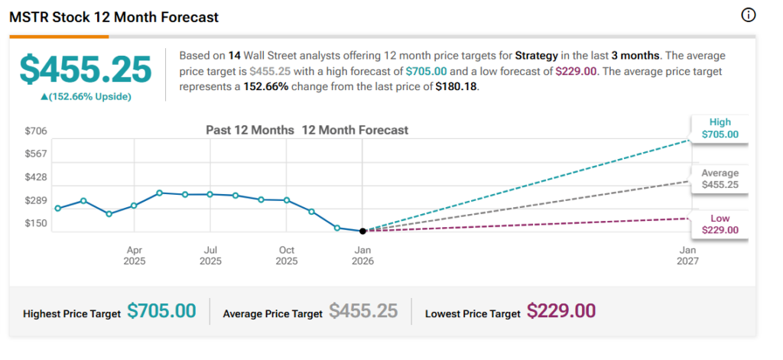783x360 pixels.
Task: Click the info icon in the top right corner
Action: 749,16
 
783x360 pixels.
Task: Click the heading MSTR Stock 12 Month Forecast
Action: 113,17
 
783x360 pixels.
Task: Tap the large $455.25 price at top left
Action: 86,70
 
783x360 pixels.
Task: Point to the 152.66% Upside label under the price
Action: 86,96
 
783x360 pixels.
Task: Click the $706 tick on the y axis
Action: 36,131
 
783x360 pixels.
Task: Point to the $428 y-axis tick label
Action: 36,177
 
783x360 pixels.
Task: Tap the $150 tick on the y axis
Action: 36,223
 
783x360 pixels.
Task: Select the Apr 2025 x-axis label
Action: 135,255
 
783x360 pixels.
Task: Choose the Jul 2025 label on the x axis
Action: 210,255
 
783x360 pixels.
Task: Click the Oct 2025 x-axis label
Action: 287,255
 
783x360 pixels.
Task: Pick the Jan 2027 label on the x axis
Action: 688,255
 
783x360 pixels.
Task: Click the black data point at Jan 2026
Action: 362,230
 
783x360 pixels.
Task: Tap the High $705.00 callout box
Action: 720,128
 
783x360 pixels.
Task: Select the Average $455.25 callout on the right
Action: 720,178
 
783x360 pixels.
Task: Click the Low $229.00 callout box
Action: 720,224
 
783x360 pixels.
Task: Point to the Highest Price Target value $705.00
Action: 161,311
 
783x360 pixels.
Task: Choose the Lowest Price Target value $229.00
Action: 561,311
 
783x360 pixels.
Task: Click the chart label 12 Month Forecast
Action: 355,130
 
